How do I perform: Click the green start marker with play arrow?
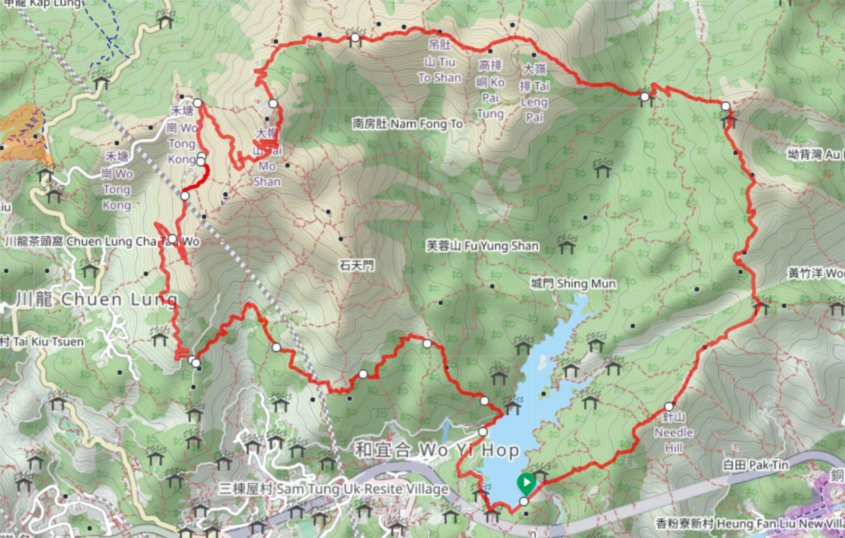point(526,482)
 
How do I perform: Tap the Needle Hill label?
point(673,433)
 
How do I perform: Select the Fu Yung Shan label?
point(482,246)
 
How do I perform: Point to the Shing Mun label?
point(574,284)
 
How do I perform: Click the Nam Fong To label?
point(408,124)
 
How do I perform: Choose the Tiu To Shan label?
point(440,62)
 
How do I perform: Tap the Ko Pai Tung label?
point(490,89)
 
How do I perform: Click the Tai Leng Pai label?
point(534,93)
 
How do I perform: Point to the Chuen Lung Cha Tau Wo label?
point(102,242)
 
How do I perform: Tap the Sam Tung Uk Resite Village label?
point(334,489)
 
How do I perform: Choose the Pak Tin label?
point(755,465)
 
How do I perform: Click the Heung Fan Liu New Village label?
point(750,524)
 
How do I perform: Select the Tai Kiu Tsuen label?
point(42,342)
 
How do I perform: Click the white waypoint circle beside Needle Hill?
point(669,407)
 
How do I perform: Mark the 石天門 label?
point(356,265)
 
